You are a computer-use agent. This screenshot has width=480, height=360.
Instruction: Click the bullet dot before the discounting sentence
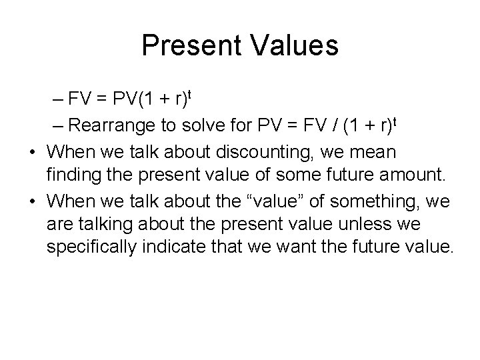(x=33, y=153)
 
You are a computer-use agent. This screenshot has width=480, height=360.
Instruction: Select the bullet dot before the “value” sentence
(x=33, y=201)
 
